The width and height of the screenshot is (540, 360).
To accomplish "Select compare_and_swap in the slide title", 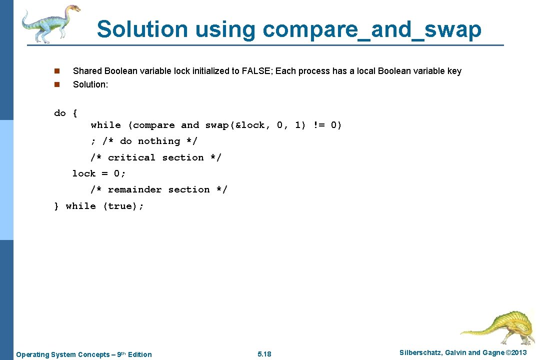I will click(x=372, y=29).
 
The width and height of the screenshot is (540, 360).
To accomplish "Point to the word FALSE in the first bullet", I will click(x=256, y=71).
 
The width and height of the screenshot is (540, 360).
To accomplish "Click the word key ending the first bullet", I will click(x=454, y=71).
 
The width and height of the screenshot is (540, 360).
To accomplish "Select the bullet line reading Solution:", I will click(x=90, y=84).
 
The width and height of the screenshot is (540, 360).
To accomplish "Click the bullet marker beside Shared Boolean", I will click(x=57, y=71).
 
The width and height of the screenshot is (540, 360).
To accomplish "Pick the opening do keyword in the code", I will click(x=60, y=113).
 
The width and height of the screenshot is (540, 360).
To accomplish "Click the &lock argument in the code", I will click(x=250, y=125).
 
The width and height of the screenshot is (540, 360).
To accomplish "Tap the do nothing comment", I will click(x=150, y=141).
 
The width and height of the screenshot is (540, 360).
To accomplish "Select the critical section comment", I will click(x=156, y=157).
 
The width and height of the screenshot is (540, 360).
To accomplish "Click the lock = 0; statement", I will click(x=99, y=173).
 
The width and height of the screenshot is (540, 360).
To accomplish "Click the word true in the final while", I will click(x=120, y=206).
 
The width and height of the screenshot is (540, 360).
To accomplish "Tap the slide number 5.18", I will click(x=264, y=354).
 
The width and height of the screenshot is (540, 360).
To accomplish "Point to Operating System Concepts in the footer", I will click(x=65, y=354).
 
